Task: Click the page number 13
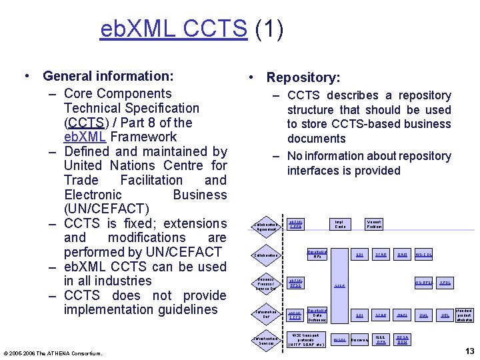tap(469, 351)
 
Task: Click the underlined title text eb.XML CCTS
tap(173, 29)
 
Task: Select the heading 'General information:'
tap(108, 76)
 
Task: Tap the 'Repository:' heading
tap(303, 78)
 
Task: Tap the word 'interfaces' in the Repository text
tap(315, 170)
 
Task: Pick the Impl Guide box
tap(339, 225)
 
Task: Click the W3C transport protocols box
tap(306, 339)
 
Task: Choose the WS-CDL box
tap(424, 255)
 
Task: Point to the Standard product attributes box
tap(465, 315)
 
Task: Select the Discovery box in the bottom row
tap(360, 340)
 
